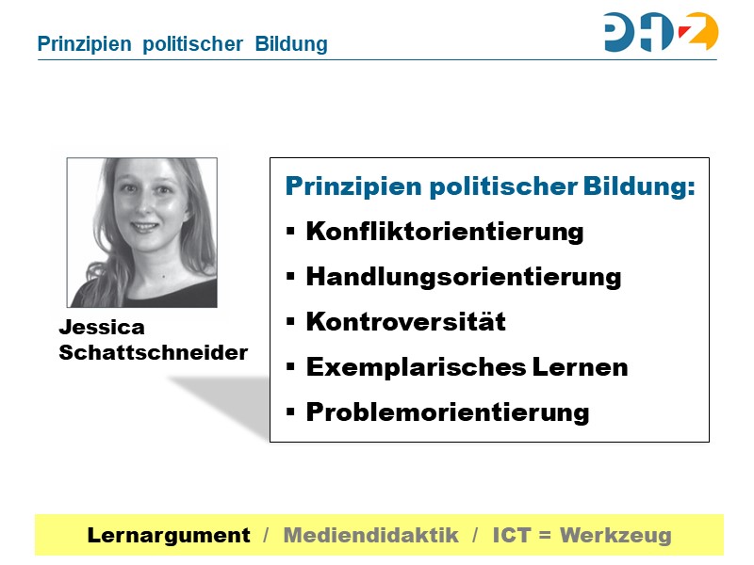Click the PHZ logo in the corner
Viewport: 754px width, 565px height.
[661, 32]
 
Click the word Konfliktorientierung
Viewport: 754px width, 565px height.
[445, 232]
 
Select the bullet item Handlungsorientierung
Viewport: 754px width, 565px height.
[464, 277]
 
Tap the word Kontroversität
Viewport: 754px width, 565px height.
[406, 322]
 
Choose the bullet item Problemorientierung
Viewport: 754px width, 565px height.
[448, 412]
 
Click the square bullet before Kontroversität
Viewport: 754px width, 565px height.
[290, 322]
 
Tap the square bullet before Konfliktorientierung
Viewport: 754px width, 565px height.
[290, 232]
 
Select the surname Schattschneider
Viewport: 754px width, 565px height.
[154, 353]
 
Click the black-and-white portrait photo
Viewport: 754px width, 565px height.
[142, 233]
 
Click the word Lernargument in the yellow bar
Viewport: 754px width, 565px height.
[169, 536]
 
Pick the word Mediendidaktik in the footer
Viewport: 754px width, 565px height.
[370, 536]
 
